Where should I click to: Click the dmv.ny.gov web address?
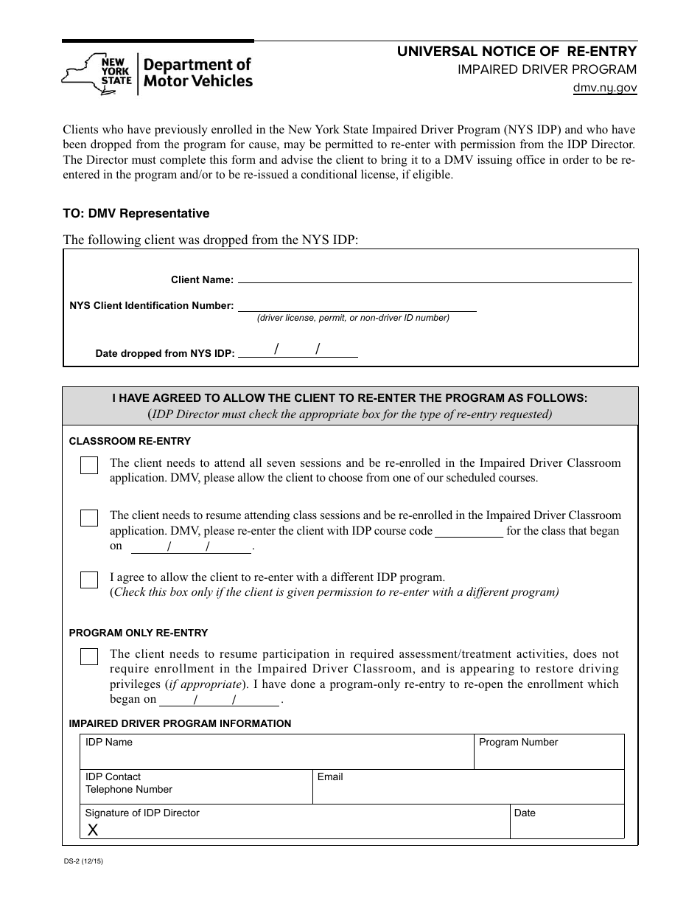(605, 88)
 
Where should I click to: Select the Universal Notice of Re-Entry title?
(517, 52)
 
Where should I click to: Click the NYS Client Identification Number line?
(357, 306)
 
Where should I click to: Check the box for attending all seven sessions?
(89, 466)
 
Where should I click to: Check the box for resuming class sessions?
(89, 518)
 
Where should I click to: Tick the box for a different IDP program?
(89, 580)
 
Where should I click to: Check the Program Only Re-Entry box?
(89, 656)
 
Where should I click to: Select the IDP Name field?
(276, 752)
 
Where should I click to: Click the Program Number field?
(549, 752)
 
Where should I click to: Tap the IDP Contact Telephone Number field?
(196, 788)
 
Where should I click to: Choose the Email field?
(469, 788)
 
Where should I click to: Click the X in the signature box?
(93, 830)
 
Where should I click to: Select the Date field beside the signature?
(567, 821)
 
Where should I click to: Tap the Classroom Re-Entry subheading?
(130, 441)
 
